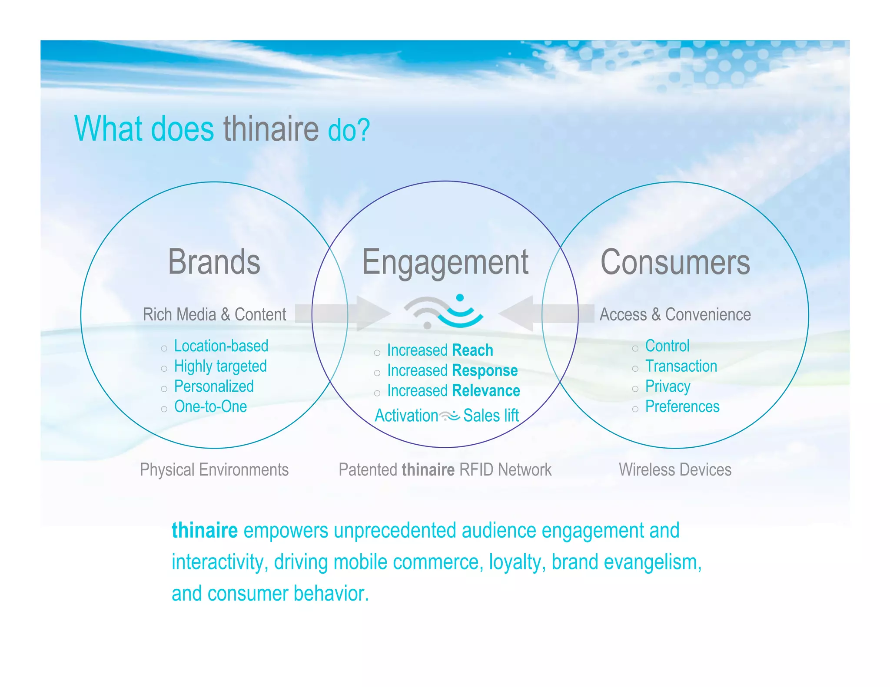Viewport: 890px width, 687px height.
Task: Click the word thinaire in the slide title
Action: coord(271,129)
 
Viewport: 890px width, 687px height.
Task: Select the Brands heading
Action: coord(214,262)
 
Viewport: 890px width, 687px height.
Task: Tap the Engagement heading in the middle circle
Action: coord(445,263)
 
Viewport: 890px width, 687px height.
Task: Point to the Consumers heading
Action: coord(675,263)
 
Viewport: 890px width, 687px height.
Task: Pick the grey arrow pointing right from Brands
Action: coord(343,314)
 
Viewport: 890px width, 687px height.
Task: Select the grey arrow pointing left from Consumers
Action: coord(546,314)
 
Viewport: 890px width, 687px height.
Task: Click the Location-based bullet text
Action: coord(221,346)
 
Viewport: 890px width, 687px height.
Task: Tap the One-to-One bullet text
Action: coord(210,407)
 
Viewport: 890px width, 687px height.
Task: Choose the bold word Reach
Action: coord(472,350)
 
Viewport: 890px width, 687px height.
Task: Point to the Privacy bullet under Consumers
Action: coord(667,386)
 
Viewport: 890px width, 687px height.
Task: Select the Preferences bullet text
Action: coord(682,407)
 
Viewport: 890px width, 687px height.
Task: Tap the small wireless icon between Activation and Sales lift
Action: coord(450,416)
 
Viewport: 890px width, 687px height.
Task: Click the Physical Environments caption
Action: coord(214,470)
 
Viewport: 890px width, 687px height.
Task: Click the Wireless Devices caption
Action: coord(675,470)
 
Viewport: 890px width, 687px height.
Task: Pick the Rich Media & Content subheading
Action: coord(214,314)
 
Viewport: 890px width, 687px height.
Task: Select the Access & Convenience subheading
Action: coord(675,314)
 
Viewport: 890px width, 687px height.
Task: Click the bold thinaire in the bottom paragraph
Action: coord(204,531)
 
